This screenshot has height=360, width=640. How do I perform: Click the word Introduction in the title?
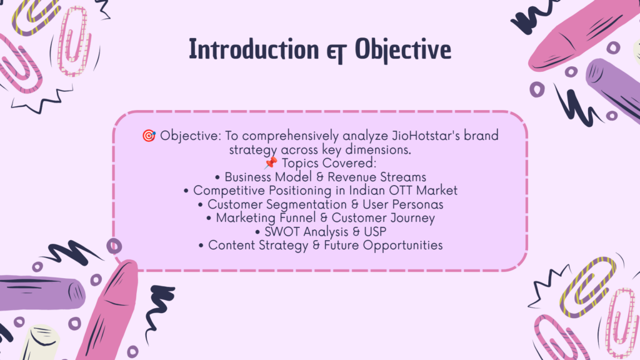(254, 49)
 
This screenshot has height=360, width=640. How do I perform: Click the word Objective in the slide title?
(403, 50)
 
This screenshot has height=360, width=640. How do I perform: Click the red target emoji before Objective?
(149, 136)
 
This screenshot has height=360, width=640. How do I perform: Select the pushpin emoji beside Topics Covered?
(270, 163)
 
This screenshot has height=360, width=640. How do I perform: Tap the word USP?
(375, 231)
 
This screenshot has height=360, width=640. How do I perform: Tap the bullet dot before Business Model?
(217, 177)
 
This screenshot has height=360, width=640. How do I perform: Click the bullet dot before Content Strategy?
(201, 246)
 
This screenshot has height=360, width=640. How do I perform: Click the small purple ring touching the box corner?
(114, 246)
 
